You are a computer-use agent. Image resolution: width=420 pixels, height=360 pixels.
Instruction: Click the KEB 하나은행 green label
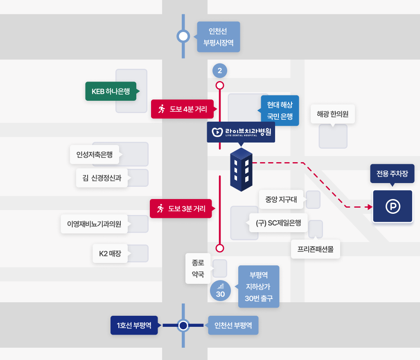tap(111, 91)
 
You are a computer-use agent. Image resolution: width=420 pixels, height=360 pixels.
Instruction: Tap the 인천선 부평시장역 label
tap(218, 37)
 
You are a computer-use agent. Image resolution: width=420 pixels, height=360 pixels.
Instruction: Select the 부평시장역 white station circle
tap(183, 37)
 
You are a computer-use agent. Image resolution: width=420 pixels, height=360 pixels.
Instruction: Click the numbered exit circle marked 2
tap(220, 71)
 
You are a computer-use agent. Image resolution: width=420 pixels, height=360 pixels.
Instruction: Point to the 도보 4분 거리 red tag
tap(182, 109)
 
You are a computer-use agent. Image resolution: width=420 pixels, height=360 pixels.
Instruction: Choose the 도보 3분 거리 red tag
tap(181, 208)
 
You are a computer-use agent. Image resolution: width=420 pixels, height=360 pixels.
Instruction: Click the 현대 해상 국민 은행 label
tap(280, 110)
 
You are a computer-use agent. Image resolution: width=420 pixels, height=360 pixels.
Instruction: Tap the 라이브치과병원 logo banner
tap(241, 132)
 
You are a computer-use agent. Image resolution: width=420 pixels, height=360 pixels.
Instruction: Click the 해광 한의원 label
tap(333, 114)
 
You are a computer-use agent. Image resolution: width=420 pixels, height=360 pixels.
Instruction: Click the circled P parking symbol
tap(393, 207)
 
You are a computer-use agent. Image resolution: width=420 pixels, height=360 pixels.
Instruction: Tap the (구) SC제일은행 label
tap(278, 223)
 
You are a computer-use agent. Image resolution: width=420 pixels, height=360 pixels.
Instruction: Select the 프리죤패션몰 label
tap(315, 249)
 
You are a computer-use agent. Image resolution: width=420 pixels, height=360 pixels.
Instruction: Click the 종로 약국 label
tap(198, 268)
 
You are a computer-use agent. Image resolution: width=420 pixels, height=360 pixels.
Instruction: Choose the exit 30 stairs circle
tap(220, 291)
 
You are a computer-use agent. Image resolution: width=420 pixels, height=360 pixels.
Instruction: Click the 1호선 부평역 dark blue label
tap(134, 326)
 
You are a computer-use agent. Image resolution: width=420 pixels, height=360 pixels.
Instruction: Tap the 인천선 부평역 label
tap(233, 326)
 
